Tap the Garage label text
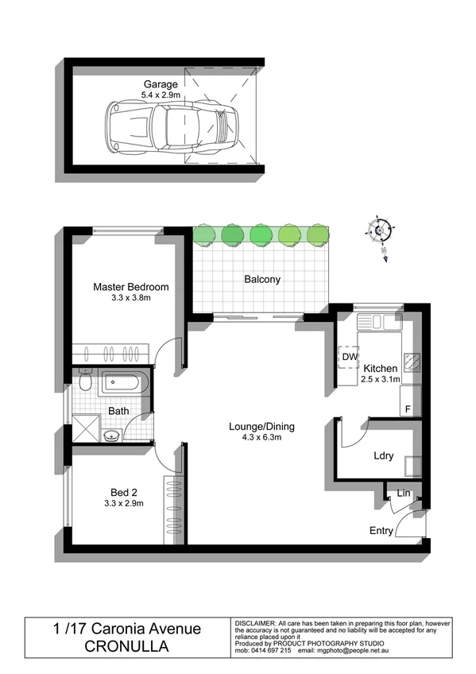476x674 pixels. [x=160, y=84]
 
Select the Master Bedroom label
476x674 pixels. [x=130, y=287]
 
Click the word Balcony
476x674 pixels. [x=261, y=280]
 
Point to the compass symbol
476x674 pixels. [x=379, y=230]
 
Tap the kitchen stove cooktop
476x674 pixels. [x=413, y=363]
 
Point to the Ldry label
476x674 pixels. [x=384, y=456]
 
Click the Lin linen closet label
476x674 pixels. [x=404, y=494]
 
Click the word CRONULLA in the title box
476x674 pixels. [x=127, y=646]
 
